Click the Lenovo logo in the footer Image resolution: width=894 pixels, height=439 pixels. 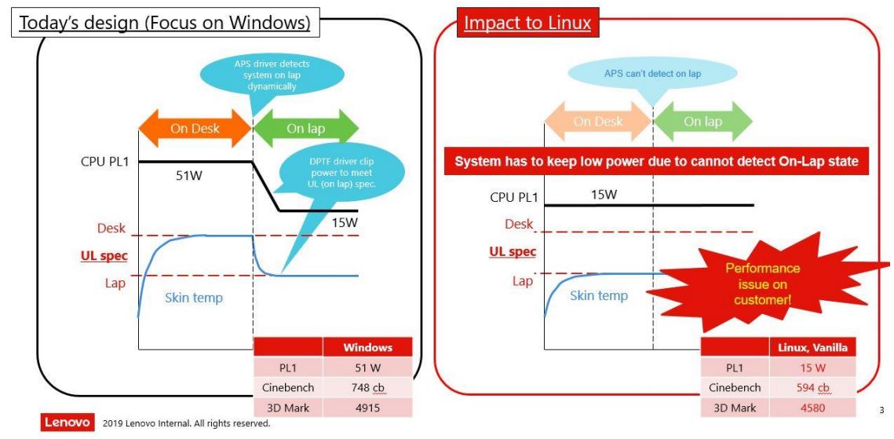[68, 423]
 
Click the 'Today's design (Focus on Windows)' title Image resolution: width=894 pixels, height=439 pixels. [164, 24]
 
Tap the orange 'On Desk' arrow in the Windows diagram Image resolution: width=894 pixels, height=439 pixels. [195, 128]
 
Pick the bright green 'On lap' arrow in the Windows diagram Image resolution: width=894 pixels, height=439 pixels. [305, 128]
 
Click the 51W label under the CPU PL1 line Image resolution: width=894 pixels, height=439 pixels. [188, 175]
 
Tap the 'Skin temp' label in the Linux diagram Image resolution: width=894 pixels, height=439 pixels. [598, 295]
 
